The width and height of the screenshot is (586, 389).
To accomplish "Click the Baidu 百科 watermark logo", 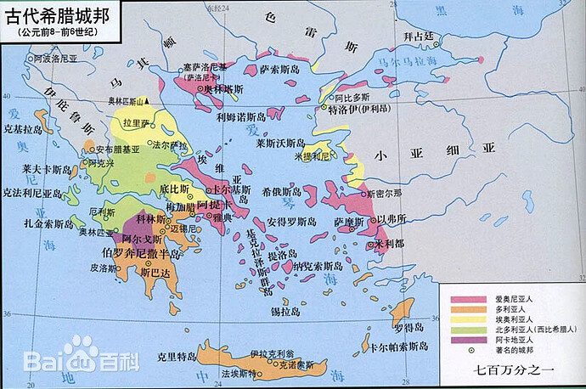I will pyautogui.click(x=81, y=358).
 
